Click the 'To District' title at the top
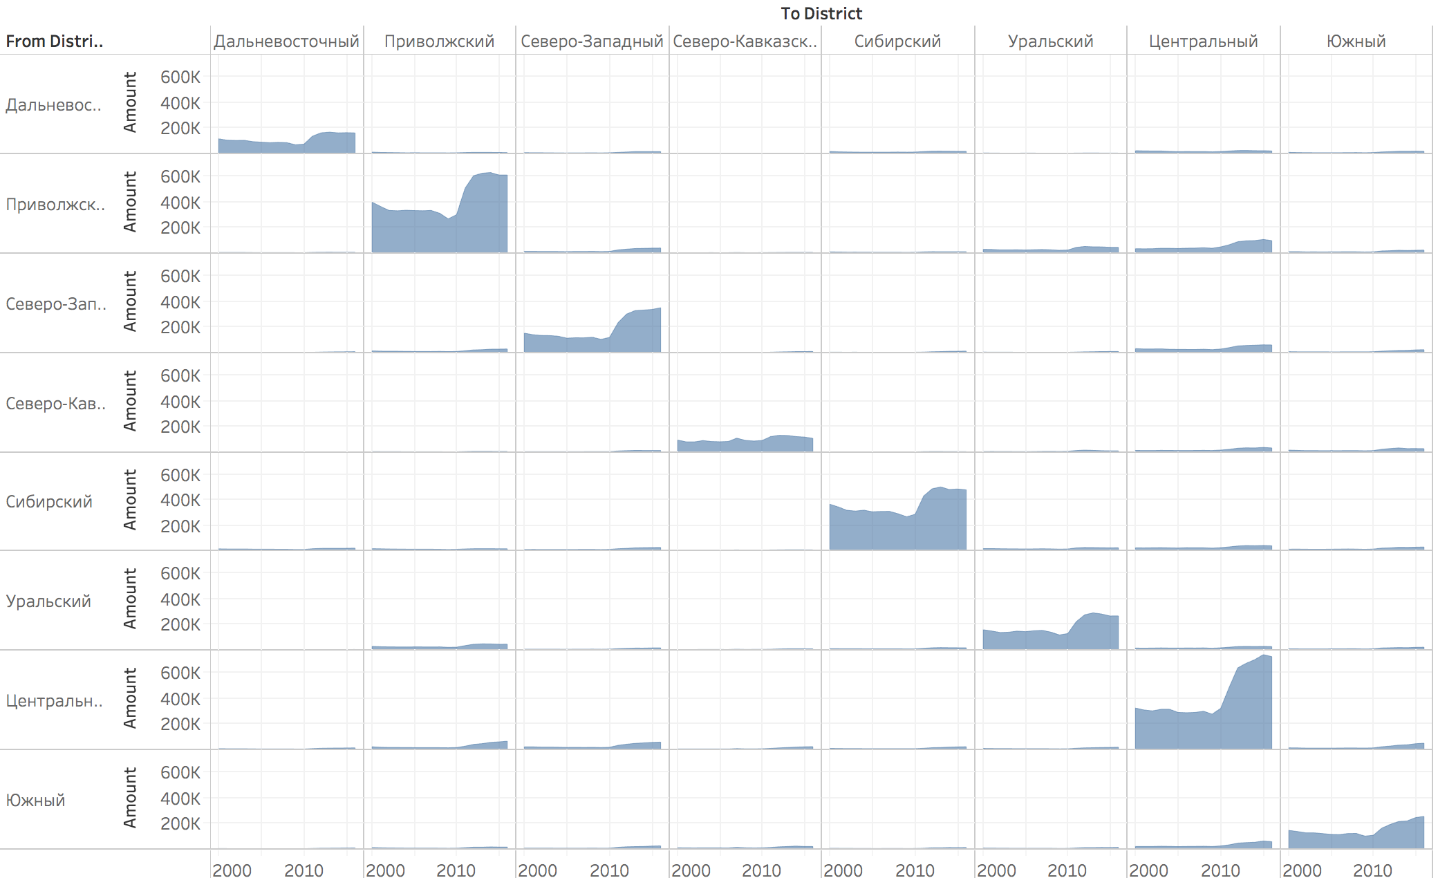point(821,14)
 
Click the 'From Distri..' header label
point(55,41)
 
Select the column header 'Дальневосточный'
point(286,41)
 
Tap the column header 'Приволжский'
point(439,41)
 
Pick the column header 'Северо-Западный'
point(592,41)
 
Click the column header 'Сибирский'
point(897,41)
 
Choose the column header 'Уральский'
point(1050,41)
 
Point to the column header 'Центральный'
point(1203,41)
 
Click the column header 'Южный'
point(1356,41)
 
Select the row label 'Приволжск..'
point(55,205)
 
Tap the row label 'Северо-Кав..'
point(55,404)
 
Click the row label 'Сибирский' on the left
point(49,502)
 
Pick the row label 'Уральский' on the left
point(48,601)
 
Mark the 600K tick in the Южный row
point(180,772)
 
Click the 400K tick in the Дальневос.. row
point(180,103)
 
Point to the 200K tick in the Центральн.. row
point(180,724)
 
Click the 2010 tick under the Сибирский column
point(915,870)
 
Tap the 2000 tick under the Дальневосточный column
point(232,870)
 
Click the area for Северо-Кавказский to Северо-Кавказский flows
point(745,445)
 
